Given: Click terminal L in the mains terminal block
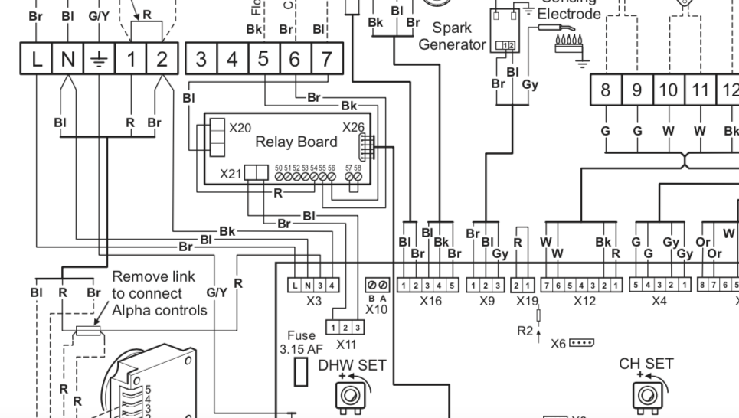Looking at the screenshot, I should pos(37,58).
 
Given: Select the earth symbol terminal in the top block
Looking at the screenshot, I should pos(100,58).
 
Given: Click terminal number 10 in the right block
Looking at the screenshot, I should pos(669,90).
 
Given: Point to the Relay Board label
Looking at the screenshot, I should pos(296,142).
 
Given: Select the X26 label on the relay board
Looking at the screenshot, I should pos(353,127).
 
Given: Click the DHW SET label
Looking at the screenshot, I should pos(352,365).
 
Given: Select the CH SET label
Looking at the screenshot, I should pos(646,363).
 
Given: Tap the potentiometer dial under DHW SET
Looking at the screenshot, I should pos(352,396).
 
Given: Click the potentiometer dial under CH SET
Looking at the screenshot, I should pos(645,394).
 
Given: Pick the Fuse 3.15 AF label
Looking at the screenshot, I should pos(301,342).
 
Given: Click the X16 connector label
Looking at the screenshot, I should pos(430,301).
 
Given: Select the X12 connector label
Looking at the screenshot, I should pos(584,301).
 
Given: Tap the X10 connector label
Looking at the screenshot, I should pos(377,309).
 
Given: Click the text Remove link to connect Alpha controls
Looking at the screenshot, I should pos(159,293).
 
